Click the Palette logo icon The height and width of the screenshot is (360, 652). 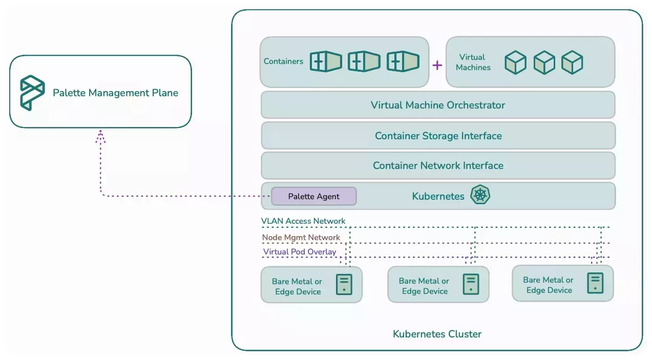tap(32, 93)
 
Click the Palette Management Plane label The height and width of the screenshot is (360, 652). tap(115, 93)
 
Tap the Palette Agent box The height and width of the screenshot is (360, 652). tap(313, 196)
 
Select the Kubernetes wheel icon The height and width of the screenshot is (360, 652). tap(480, 196)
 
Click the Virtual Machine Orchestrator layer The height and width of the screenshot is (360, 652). tap(438, 105)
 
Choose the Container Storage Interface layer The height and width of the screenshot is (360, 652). tap(438, 136)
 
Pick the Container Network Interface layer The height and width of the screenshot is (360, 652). tap(438, 165)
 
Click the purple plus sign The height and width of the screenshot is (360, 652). tap(437, 65)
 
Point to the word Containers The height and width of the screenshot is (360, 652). tap(283, 61)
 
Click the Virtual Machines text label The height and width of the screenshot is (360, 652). tap(473, 62)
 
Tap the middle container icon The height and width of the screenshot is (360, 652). tap(364, 61)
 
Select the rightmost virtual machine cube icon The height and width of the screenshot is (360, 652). tap(572, 63)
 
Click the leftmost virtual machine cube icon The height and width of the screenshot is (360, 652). tap(515, 63)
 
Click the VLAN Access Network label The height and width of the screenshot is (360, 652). tap(303, 221)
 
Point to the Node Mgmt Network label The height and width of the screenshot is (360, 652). tap(301, 238)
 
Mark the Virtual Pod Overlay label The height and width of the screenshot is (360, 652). tap(300, 252)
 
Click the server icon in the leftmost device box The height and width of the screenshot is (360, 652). tap(344, 285)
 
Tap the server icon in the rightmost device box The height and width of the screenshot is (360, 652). tap(595, 283)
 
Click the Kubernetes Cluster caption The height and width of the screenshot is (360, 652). tap(437, 334)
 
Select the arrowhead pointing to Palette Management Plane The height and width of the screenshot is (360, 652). tap(101, 135)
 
